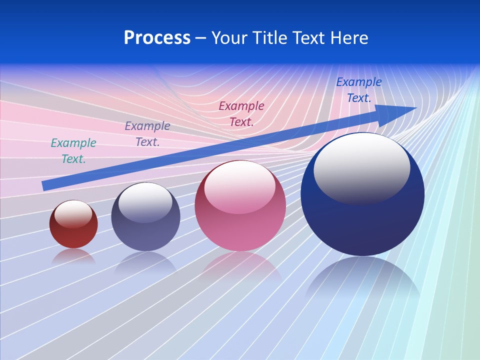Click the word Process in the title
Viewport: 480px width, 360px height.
coord(157,38)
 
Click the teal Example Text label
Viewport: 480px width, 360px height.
coord(73,151)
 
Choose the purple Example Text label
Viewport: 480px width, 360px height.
coord(147,134)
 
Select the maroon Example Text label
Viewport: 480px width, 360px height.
coord(241,113)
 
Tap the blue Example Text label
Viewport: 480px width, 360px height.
coord(358,90)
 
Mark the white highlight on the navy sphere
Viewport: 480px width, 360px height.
coord(361,167)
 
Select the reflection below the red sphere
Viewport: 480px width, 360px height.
coord(73,256)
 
